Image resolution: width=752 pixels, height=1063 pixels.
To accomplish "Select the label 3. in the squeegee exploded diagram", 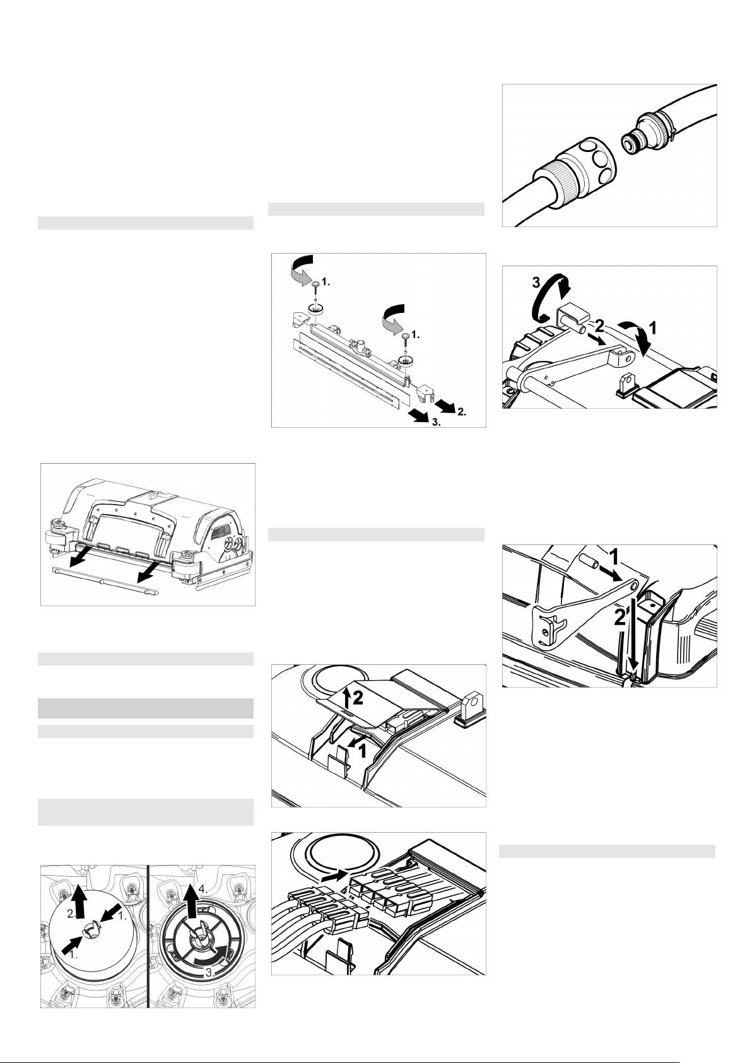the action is [x=436, y=422].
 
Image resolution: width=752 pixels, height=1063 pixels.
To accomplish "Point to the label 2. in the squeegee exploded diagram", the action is [x=462, y=411].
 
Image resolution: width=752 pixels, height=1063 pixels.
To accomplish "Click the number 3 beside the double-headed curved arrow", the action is [x=536, y=283].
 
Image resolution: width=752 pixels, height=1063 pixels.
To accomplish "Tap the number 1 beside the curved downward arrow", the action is [x=653, y=327].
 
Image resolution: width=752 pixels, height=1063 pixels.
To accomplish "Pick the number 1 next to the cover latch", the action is [x=363, y=751].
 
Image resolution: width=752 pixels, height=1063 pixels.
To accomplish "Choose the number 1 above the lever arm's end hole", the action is [x=613, y=558].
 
